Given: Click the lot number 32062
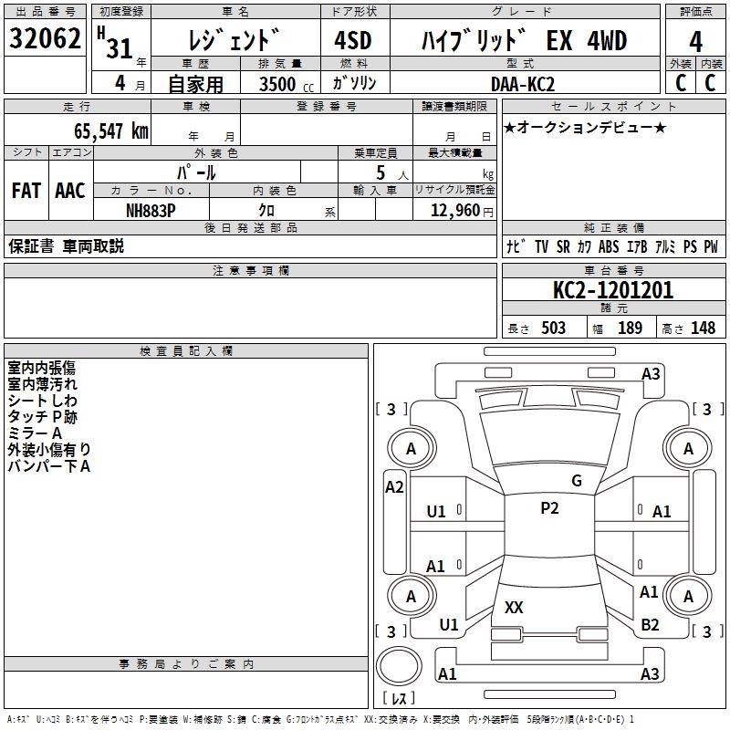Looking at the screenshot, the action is coord(45,38).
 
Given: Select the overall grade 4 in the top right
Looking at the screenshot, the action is coord(695,42).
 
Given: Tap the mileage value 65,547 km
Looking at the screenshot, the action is coord(110,131).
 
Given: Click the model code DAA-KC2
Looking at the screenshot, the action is coord(523,84).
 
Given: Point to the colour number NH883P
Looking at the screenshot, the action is coord(151,211).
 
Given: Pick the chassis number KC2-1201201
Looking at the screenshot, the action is coord(613,290).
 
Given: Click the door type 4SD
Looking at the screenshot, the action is coord(353,40).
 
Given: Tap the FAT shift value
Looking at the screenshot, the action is coord(26,191).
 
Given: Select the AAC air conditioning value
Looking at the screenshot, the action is coord(70,191).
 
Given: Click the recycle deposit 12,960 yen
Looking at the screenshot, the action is coord(462,211).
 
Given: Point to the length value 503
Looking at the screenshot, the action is coord(553,328).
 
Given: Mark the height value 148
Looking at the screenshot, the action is coord(703,328).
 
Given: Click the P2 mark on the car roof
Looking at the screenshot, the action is coord(549,508).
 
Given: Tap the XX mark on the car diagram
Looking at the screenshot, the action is coord(514,607).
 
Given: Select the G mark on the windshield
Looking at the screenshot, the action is coord(577,481).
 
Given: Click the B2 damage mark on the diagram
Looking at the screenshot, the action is coord(650,625).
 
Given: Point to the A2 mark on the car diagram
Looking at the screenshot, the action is coord(394,487).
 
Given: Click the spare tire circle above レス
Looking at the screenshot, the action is coord(399,666).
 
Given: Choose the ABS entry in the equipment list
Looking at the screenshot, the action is coord(609,246).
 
